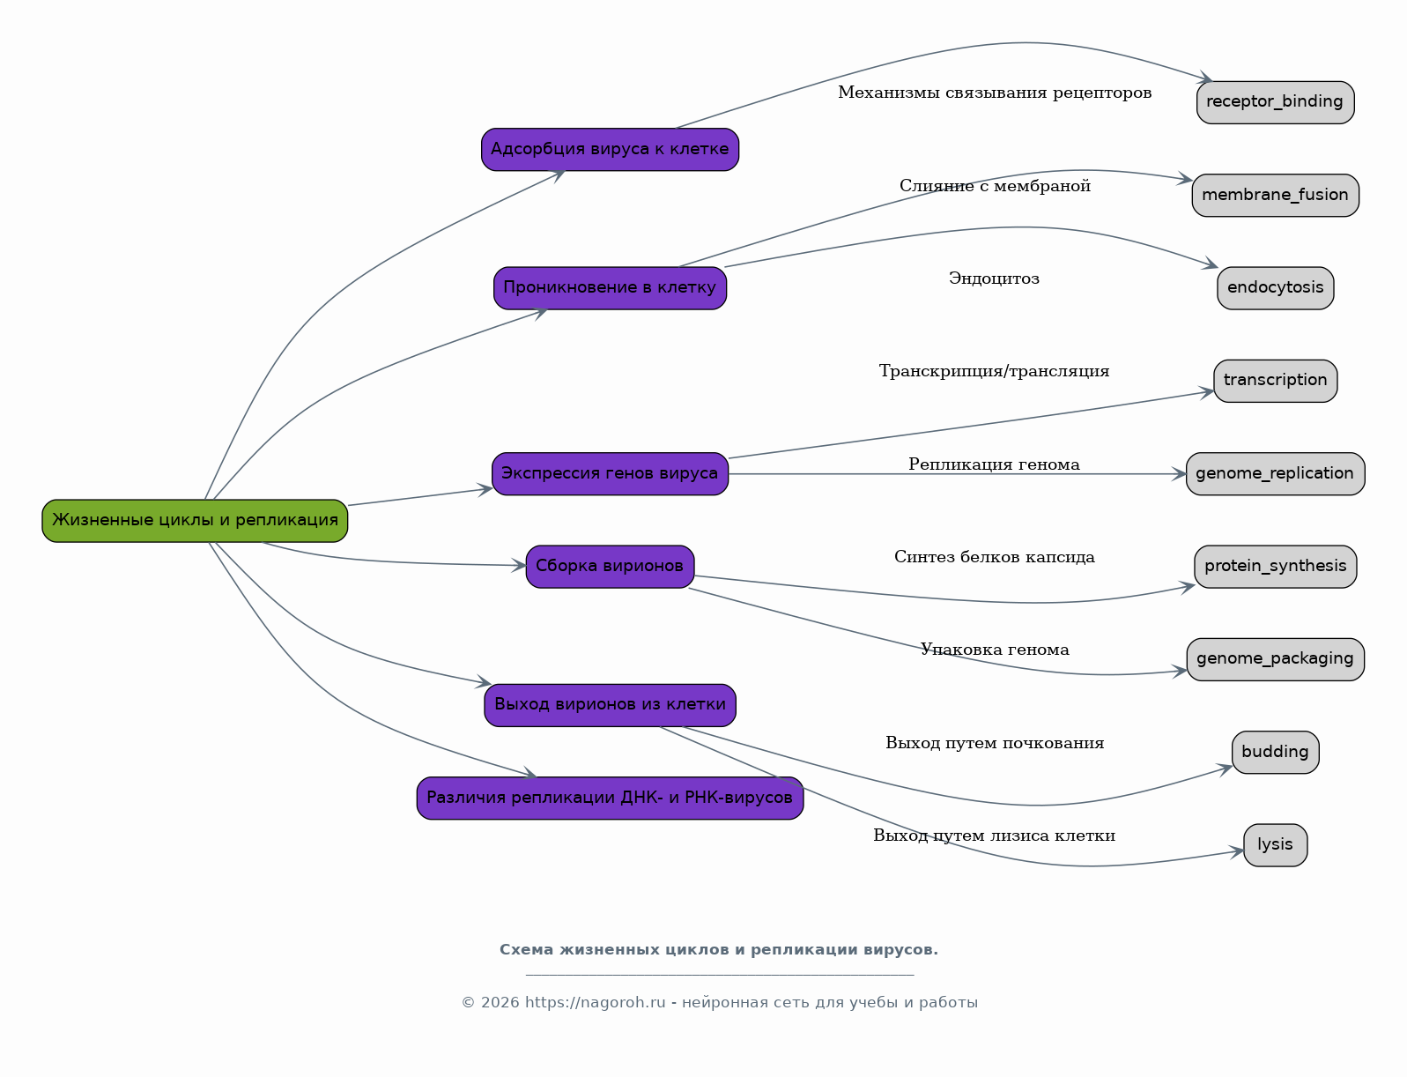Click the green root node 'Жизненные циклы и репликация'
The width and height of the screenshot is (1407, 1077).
pyautogui.click(x=195, y=521)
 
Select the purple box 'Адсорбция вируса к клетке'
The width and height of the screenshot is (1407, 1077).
pyautogui.click(x=611, y=149)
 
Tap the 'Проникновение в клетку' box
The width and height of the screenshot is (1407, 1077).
pyautogui.click(x=611, y=288)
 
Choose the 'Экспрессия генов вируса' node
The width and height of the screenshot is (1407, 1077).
pyautogui.click(x=611, y=474)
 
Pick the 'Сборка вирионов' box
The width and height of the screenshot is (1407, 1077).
pyautogui.click(x=611, y=567)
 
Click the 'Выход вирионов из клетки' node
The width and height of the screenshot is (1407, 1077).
pyautogui.click(x=611, y=705)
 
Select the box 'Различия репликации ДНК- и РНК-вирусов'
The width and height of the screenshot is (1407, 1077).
pyautogui.click(x=611, y=798)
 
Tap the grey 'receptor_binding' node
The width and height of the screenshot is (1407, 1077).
pyautogui.click(x=1276, y=102)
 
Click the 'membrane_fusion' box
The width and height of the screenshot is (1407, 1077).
pyautogui.click(x=1276, y=196)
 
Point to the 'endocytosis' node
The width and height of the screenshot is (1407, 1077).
pyautogui.click(x=1276, y=288)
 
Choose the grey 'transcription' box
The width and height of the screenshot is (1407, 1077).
pyautogui.click(x=1276, y=381)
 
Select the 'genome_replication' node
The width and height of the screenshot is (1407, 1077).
pyautogui.click(x=1276, y=474)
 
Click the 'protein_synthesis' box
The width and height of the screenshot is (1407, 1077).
pyautogui.click(x=1276, y=567)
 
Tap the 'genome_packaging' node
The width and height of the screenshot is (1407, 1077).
pyautogui.click(x=1276, y=659)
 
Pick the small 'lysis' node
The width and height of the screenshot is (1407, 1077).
pyautogui.click(x=1276, y=845)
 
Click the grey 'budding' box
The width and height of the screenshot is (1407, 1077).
pyautogui.click(x=1276, y=752)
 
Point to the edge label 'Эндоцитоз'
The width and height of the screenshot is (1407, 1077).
pyautogui.click(x=994, y=279)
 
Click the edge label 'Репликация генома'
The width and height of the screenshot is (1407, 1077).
pyautogui.click(x=994, y=464)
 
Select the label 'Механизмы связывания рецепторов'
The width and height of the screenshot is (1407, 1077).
pyautogui.click(x=995, y=93)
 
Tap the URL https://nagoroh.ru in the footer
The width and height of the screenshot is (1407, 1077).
pyautogui.click(x=596, y=1002)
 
